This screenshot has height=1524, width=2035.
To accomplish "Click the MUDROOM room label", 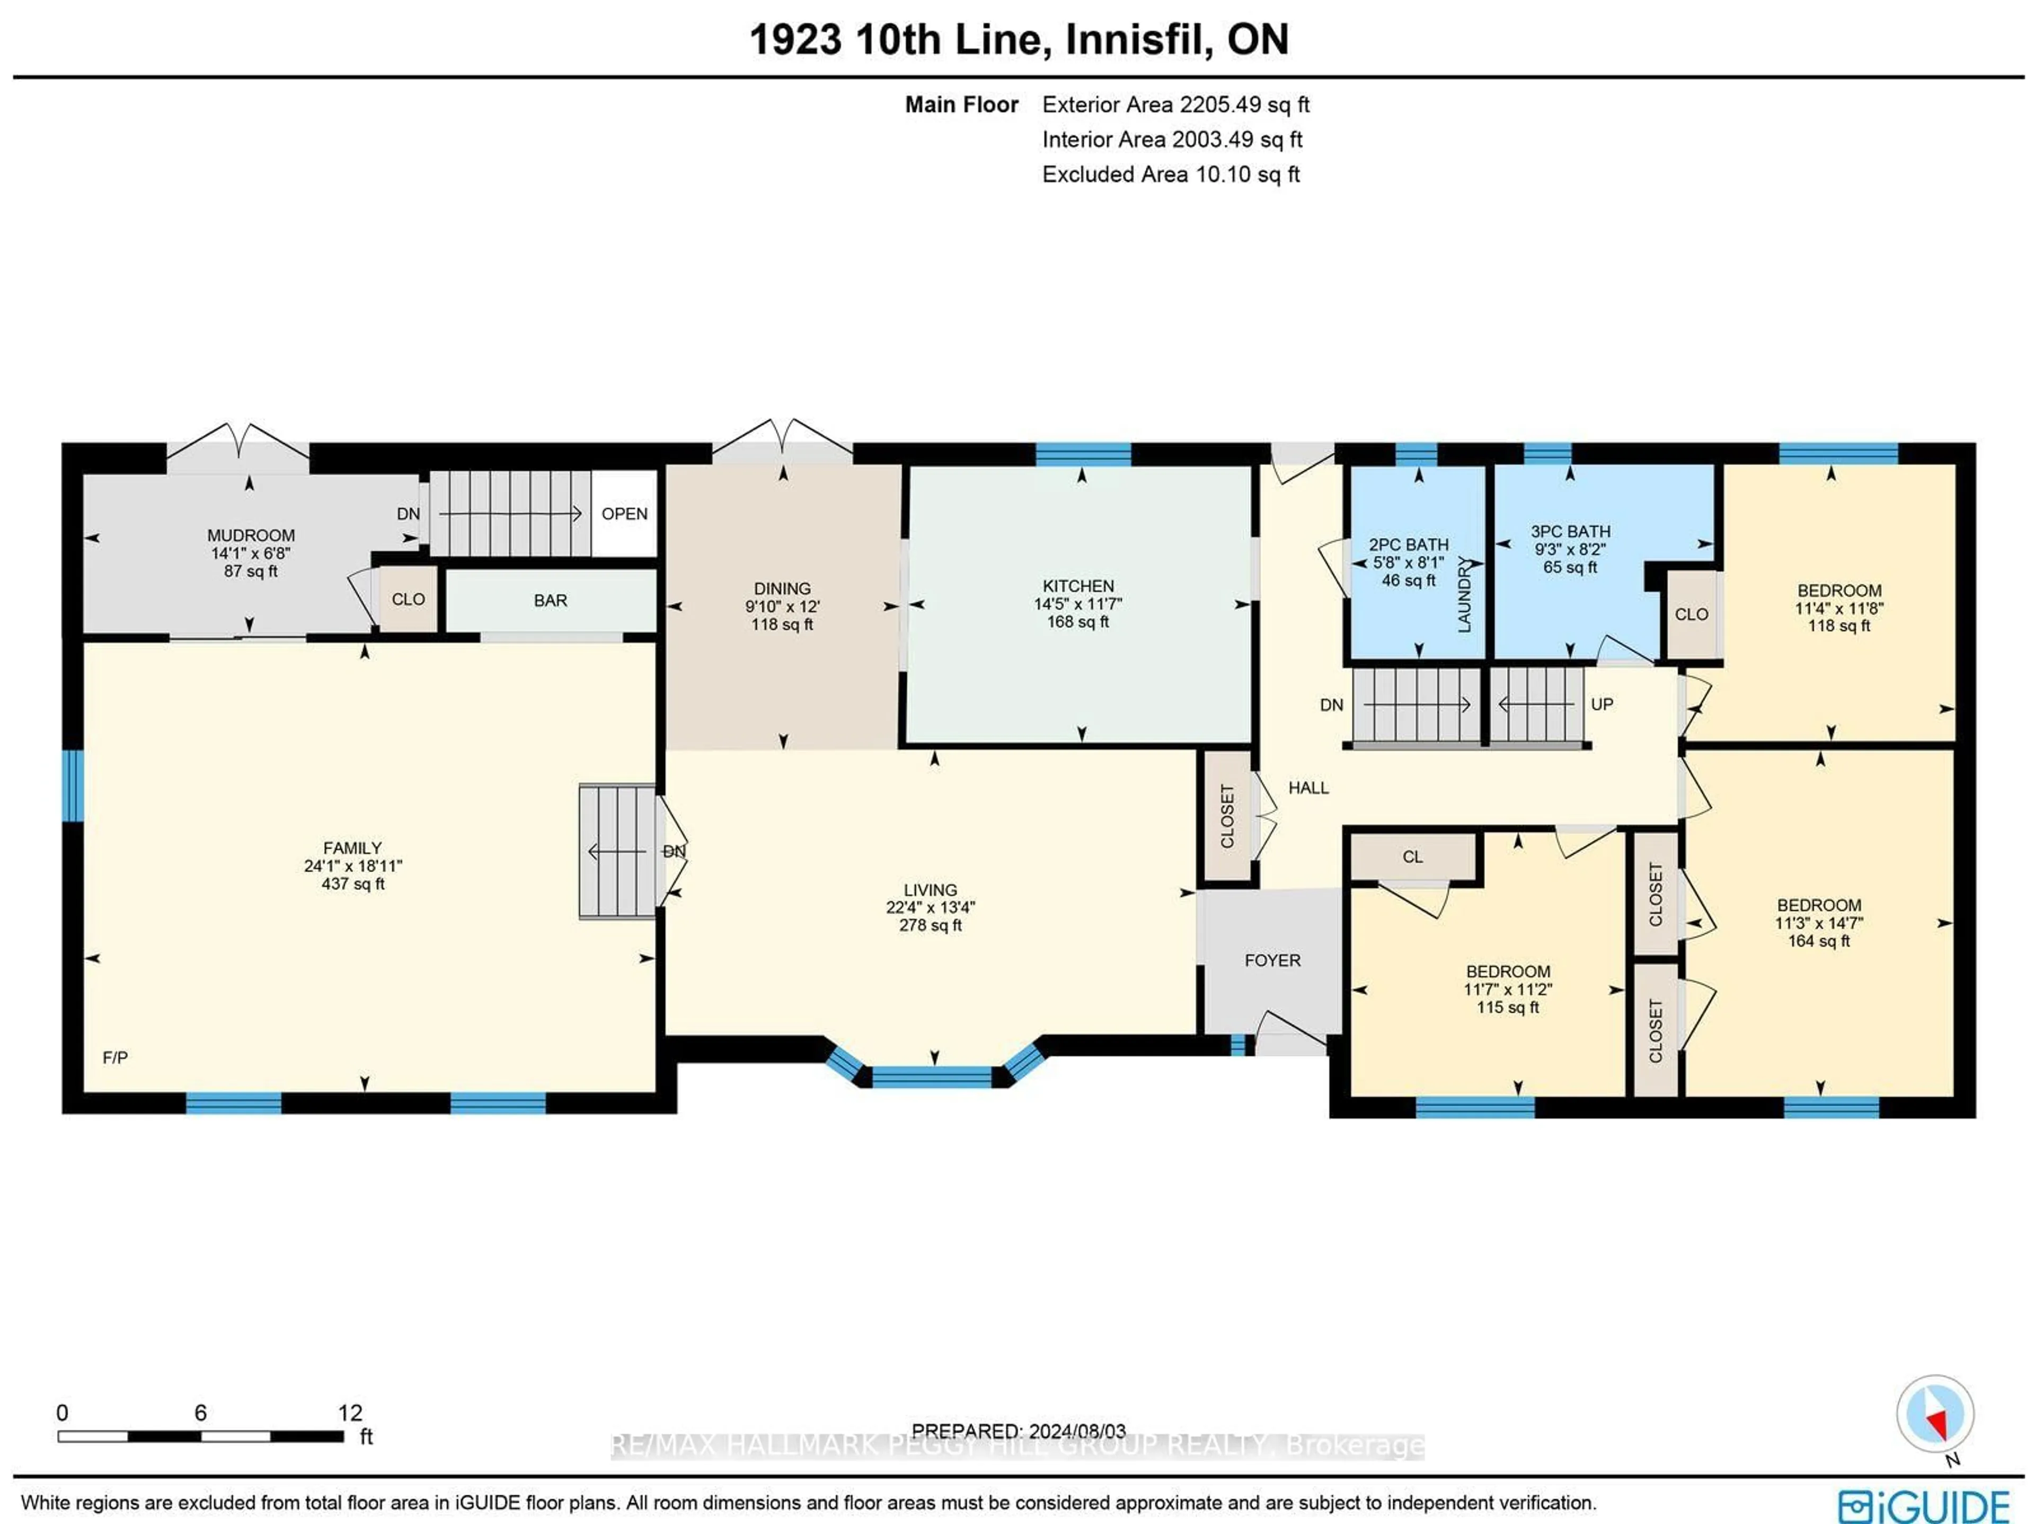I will (250, 535).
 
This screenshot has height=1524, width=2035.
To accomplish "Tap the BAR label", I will (550, 600).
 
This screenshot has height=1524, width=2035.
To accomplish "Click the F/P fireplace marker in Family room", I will (115, 1058).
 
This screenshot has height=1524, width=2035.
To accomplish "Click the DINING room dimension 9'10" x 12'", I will (782, 606).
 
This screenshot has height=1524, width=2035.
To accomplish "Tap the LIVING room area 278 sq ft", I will (930, 925).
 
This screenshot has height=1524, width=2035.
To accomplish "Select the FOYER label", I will (1272, 960).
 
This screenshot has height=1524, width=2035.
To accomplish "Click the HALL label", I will (1308, 787).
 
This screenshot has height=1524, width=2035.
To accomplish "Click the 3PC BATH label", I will (1570, 531).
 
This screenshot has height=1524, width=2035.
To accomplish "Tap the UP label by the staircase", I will (1602, 704).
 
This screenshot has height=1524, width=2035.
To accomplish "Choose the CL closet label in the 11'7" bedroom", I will (1412, 857).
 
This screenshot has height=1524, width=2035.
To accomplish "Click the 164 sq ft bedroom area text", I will (1819, 940).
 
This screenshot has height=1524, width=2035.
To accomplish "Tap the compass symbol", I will (1935, 1413).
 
